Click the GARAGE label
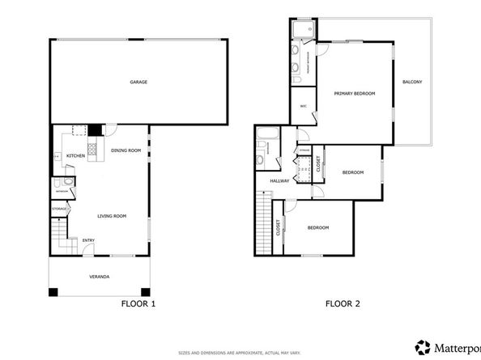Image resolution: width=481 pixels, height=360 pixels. coord(139,83)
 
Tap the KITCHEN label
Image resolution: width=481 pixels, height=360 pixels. coord(75,155)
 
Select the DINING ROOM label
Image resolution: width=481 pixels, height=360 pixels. coord(126,150)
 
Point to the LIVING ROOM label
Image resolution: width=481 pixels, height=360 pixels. coord(113,216)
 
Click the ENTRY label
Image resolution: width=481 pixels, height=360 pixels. coord(88,239)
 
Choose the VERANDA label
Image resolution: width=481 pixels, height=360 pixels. coord(100,277)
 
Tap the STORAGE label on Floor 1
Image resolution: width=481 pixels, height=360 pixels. coord(59,210)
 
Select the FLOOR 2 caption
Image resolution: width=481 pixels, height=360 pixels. coord(342,304)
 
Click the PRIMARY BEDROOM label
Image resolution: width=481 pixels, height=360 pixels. coord(355,94)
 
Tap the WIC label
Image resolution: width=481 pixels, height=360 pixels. coord(303,106)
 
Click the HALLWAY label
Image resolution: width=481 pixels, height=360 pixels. coord(279,181)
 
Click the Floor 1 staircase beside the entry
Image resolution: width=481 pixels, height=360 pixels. coord(61,235)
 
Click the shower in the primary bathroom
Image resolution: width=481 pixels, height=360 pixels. coord(303,31)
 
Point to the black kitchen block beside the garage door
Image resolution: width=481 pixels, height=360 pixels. coord(95,129)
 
